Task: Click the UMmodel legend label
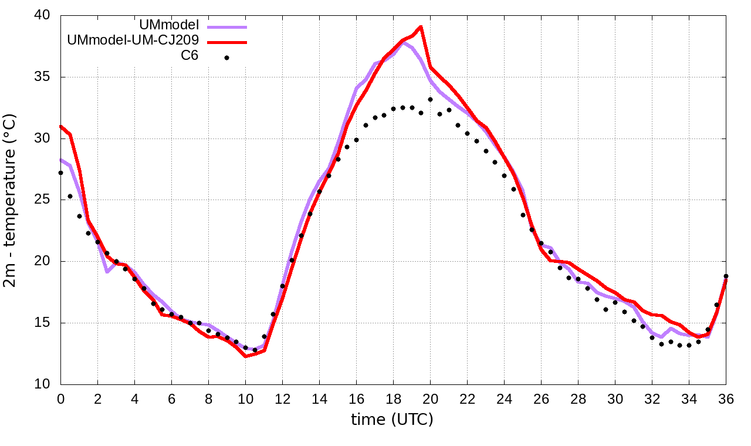click(x=169, y=26)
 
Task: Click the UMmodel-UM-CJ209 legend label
click(x=134, y=40)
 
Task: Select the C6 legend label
click(x=189, y=56)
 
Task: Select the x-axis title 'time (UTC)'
click(x=392, y=419)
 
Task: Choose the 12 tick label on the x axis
click(x=282, y=398)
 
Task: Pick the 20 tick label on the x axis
click(x=430, y=398)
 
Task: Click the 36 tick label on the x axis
click(x=726, y=398)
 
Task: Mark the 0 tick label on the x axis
click(x=60, y=398)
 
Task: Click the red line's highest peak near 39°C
click(x=421, y=26)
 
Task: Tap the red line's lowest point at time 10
click(x=245, y=356)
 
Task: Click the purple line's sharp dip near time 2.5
click(x=107, y=272)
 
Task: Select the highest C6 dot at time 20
click(x=430, y=100)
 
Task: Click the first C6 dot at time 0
click(x=60, y=173)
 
